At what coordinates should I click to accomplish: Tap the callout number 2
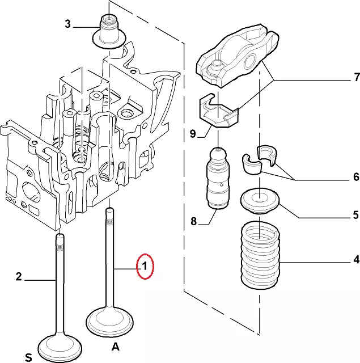pyautogui.click(x=18, y=277)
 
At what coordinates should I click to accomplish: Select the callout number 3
pyautogui.click(x=67, y=24)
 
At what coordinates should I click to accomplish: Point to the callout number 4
pyautogui.click(x=355, y=260)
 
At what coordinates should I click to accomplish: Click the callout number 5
pyautogui.click(x=355, y=215)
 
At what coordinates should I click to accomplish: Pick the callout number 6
pyautogui.click(x=355, y=178)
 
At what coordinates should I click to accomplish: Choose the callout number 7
pyautogui.click(x=356, y=77)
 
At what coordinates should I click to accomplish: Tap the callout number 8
pyautogui.click(x=193, y=222)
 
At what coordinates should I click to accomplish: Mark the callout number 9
pyautogui.click(x=193, y=134)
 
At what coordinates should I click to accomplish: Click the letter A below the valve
pyautogui.click(x=115, y=347)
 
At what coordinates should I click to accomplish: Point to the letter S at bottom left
pyautogui.click(x=28, y=357)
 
